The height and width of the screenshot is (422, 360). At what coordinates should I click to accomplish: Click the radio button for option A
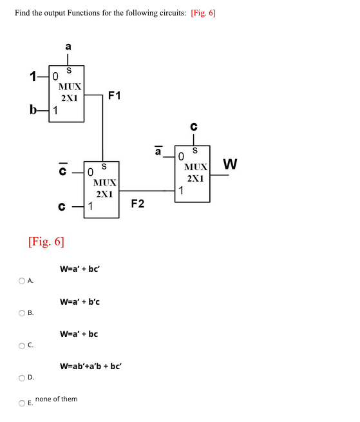coord(22,281)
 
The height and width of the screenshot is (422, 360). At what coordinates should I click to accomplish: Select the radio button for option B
coord(22,313)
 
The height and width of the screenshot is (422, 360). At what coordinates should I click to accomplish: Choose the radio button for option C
coord(22,345)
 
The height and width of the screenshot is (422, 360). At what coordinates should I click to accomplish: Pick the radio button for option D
coord(22,378)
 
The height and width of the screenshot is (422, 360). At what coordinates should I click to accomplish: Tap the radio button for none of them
coord(22,403)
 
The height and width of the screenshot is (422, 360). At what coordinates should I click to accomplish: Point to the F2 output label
coord(137,204)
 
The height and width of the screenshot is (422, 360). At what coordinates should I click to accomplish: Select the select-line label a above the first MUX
coord(68,46)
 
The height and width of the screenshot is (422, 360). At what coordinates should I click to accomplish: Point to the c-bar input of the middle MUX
coord(62,171)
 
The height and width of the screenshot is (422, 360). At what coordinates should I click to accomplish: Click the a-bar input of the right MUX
coord(158,153)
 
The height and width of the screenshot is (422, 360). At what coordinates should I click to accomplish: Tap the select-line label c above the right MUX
coord(193,126)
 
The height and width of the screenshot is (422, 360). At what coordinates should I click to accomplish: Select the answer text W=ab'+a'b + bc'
coord(91,366)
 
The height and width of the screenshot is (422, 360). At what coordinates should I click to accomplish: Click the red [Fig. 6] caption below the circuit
coord(46,242)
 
